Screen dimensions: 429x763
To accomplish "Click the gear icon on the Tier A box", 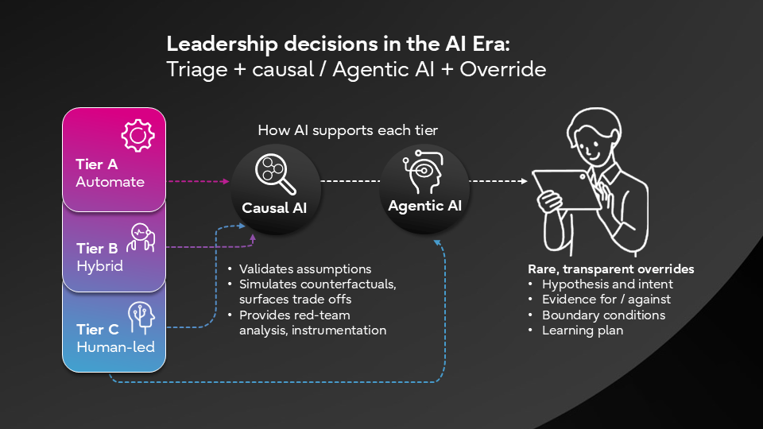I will point(137,136).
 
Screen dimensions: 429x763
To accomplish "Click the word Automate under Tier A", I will point(110,182).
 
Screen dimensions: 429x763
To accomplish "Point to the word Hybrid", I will point(99,266).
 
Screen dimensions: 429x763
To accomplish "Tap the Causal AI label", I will point(274,209).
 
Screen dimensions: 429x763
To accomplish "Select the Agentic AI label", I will point(424,206).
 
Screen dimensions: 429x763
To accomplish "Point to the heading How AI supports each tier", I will point(349,130).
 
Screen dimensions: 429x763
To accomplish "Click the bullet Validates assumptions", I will point(305,269).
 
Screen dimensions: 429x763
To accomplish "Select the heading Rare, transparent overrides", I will point(610,269).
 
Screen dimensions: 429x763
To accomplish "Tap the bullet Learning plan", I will point(582,330).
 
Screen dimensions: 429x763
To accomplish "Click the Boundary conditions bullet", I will point(603,315).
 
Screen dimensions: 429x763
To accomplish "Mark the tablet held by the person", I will point(567,190).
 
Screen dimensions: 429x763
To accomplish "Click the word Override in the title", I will point(505,69).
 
